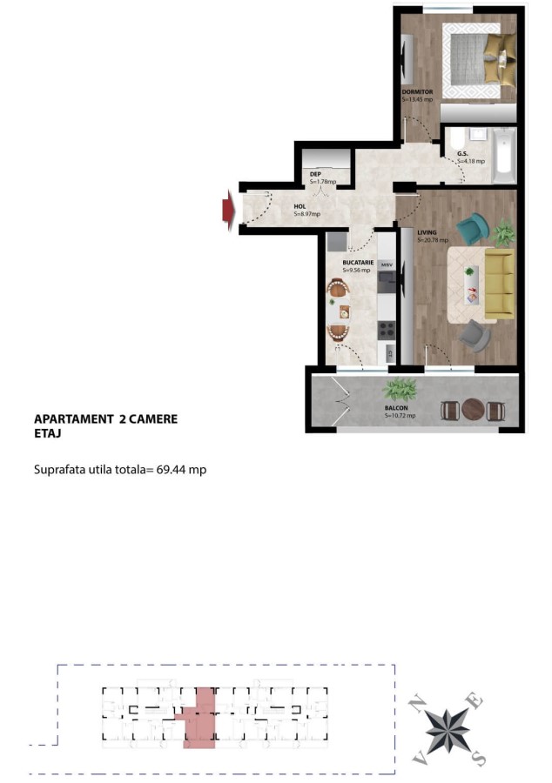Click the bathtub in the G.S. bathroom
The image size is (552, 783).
(504, 156)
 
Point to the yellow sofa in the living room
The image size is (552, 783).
(500, 284)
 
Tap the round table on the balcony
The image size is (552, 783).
(473, 409)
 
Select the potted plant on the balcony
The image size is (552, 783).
(400, 389)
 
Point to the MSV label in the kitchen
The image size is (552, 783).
(387, 264)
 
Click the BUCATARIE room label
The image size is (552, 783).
(358, 262)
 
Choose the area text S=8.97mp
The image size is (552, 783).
(306, 214)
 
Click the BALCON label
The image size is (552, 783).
(396, 408)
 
